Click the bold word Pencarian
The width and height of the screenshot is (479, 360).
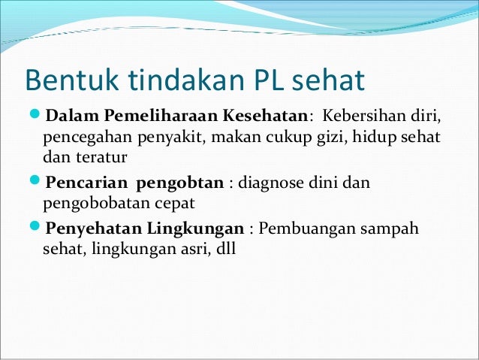(x=83, y=183)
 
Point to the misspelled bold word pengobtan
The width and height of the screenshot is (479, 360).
(x=182, y=183)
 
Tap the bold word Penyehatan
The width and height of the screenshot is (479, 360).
(x=90, y=228)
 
